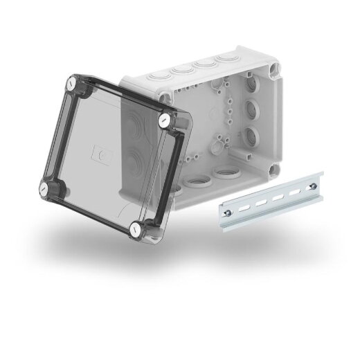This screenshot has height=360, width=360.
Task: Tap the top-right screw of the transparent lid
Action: pyautogui.click(x=163, y=120)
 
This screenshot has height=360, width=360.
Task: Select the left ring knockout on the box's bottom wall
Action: pyautogui.click(x=193, y=181)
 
